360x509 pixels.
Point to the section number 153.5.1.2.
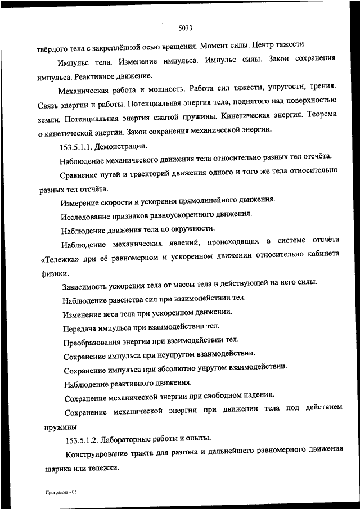84,439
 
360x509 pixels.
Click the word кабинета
320,254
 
